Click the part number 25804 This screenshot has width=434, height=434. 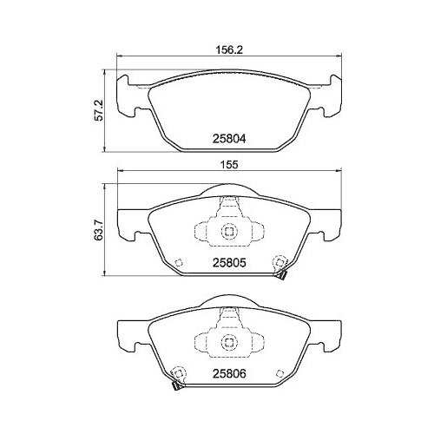coord(229,137)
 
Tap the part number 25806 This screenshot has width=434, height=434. coord(229,374)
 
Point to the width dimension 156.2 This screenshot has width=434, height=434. coord(228,50)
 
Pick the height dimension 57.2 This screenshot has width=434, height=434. coord(100,109)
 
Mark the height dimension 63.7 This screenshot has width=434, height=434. coord(100,233)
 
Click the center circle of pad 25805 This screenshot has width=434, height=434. coord(229,232)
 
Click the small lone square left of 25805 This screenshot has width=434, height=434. coord(177,264)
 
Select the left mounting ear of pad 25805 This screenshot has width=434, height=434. coord(128,224)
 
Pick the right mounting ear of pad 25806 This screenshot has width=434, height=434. coord(330,333)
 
